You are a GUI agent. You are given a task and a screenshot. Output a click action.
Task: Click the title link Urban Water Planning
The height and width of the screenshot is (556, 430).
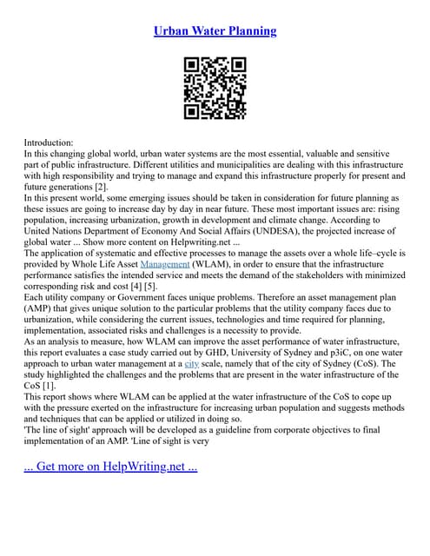(x=215, y=31)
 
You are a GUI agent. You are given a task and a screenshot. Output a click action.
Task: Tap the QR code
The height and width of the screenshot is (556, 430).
(x=215, y=88)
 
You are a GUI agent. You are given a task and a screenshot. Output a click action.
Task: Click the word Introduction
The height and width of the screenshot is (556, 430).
(x=49, y=142)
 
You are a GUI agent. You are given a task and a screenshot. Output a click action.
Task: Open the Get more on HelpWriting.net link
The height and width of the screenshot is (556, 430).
(x=110, y=466)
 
